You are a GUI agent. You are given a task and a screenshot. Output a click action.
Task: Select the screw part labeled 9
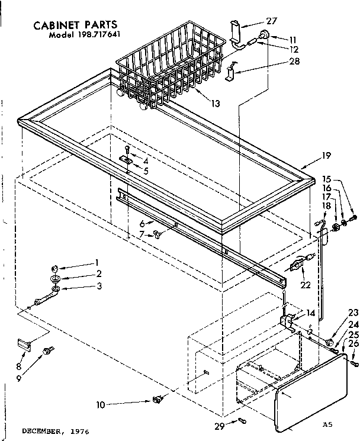click(46, 351)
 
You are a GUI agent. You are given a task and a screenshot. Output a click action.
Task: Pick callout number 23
click(353, 314)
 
